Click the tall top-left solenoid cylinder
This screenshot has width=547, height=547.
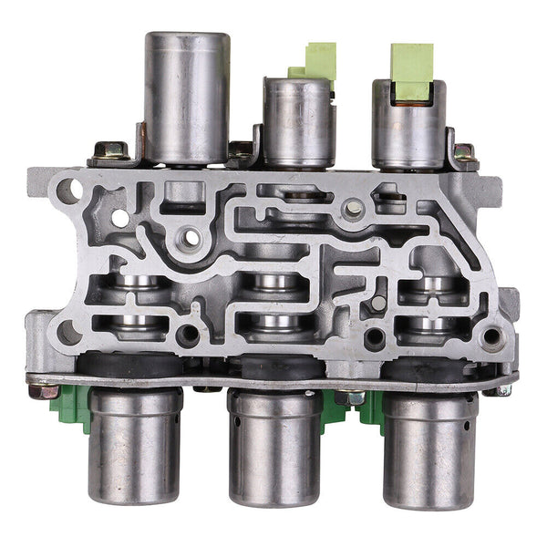tap(187, 96)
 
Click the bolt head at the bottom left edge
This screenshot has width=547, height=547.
tap(38, 390)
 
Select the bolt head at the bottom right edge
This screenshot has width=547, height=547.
tap(504, 389)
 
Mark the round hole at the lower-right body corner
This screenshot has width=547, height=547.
tap(493, 336)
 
